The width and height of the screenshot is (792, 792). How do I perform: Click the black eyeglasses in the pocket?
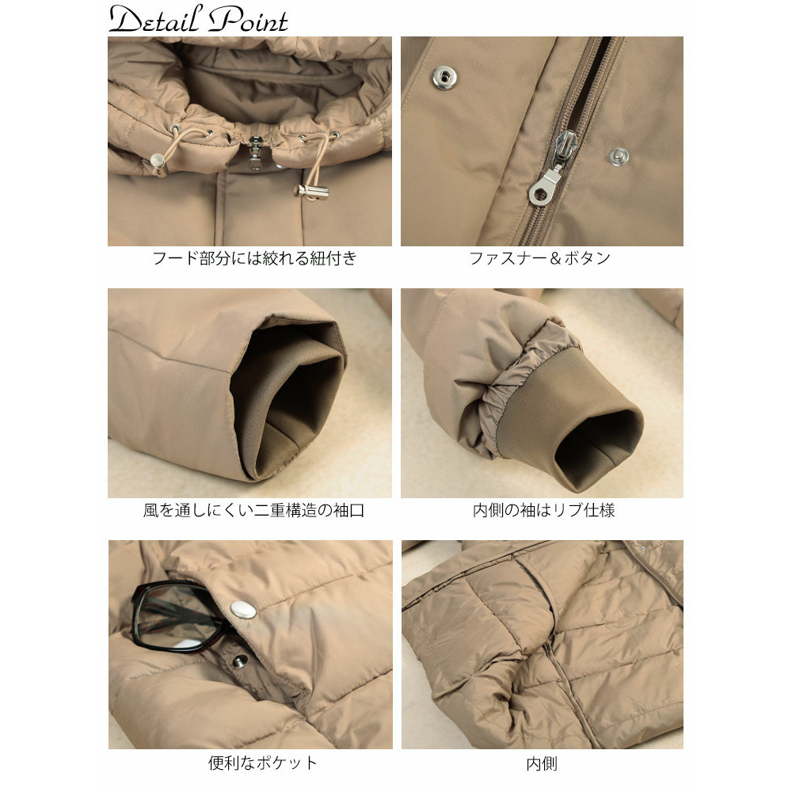pos(179,615)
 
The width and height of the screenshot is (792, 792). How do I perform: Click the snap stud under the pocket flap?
pos(238,660)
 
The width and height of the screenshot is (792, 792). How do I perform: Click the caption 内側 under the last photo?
pos(542,763)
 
